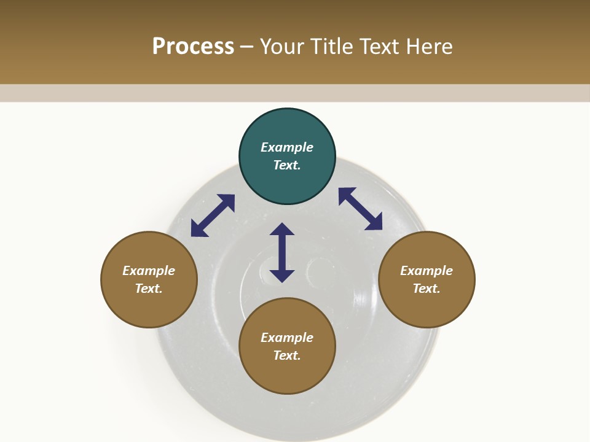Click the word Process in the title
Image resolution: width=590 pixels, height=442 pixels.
click(x=193, y=47)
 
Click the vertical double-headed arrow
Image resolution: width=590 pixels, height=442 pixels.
click(x=282, y=252)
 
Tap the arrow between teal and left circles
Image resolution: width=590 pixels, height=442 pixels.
click(x=213, y=215)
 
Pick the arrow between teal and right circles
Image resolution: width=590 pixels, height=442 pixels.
click(x=360, y=209)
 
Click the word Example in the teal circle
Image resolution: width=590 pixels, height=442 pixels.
click(x=287, y=147)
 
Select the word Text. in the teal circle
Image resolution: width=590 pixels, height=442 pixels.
click(x=287, y=165)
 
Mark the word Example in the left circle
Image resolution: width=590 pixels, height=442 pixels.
click(x=149, y=271)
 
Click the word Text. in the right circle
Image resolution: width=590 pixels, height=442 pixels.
click(x=427, y=289)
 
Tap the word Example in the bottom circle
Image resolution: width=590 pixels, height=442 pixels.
click(x=287, y=338)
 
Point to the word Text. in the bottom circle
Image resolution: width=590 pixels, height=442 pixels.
click(x=287, y=355)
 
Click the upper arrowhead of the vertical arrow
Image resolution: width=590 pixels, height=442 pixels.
click(x=282, y=230)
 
